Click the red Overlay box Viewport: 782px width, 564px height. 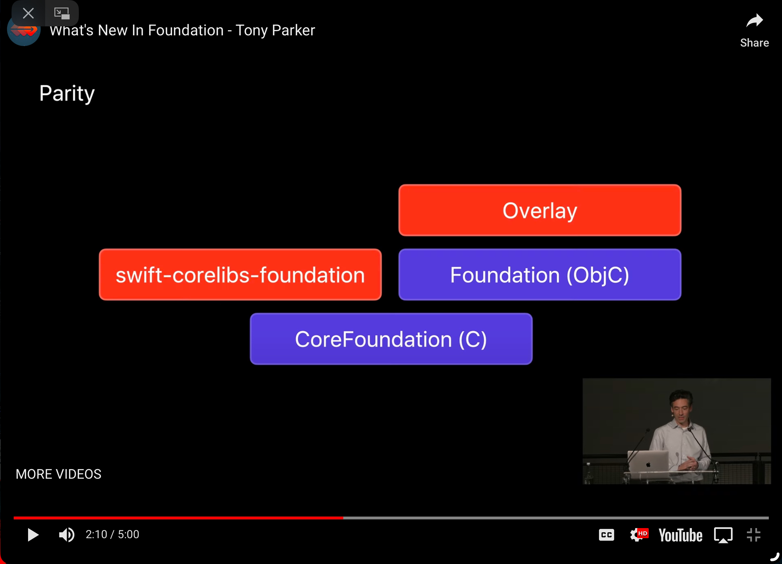pyautogui.click(x=539, y=210)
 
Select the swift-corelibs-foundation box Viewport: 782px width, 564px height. pyautogui.click(x=240, y=275)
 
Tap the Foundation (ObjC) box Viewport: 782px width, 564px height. pyautogui.click(x=539, y=275)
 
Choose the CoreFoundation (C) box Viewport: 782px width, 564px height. pyautogui.click(x=391, y=339)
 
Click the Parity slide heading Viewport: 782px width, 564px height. pyautogui.click(x=67, y=93)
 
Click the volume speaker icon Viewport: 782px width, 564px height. pyautogui.click(x=67, y=535)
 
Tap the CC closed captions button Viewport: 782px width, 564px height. pyautogui.click(x=607, y=535)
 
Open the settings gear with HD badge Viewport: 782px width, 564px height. pyautogui.click(x=639, y=535)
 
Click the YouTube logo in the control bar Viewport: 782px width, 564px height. pyautogui.click(x=680, y=535)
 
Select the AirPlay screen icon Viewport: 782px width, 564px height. pyautogui.click(x=723, y=535)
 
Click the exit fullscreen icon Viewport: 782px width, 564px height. pyautogui.click(x=754, y=535)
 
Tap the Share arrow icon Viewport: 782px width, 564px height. pyautogui.click(x=754, y=21)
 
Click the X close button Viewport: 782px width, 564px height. pyautogui.click(x=28, y=13)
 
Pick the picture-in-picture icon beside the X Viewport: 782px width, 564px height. pyautogui.click(x=62, y=13)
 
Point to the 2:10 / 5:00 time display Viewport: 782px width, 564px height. pyautogui.click(x=112, y=534)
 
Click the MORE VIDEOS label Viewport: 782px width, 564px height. pyautogui.click(x=59, y=474)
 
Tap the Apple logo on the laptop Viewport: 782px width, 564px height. pyautogui.click(x=648, y=464)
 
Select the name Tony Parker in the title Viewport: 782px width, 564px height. pyautogui.click(x=275, y=30)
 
